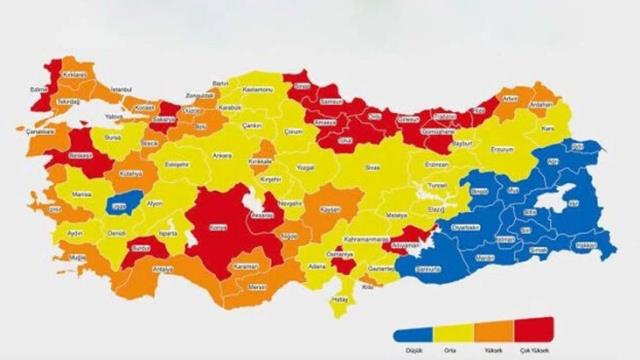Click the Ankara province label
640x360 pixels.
[x=222, y=156]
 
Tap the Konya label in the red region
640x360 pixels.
[x=213, y=228]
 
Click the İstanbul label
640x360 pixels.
[x=122, y=89]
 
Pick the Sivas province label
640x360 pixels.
[x=373, y=167]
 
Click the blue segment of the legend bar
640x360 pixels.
[x=410, y=335]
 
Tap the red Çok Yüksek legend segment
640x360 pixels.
[x=534, y=335]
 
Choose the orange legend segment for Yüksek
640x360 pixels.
[x=492, y=335]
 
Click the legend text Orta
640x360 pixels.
[x=452, y=349]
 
